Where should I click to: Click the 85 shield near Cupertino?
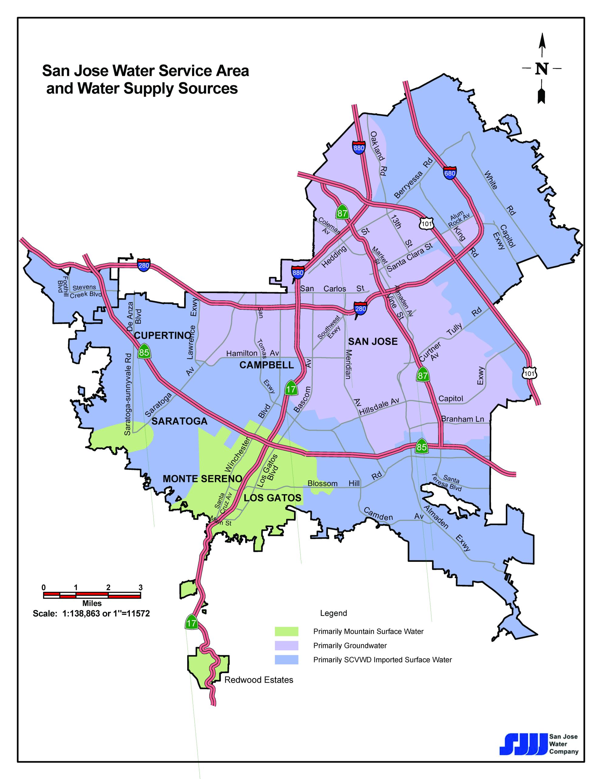tap(144, 352)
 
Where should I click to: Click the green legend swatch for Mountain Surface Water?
tap(286, 631)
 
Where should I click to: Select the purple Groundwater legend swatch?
tap(286, 646)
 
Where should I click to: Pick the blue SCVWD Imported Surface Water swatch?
tap(286, 660)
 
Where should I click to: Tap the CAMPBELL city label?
tap(267, 365)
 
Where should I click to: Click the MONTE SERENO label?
tap(202, 479)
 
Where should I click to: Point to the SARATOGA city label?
tap(180, 421)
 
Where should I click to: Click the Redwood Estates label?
tap(259, 680)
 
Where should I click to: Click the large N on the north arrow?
tap(541, 69)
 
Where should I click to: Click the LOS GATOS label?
tap(273, 498)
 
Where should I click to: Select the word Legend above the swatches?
tap(333, 613)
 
